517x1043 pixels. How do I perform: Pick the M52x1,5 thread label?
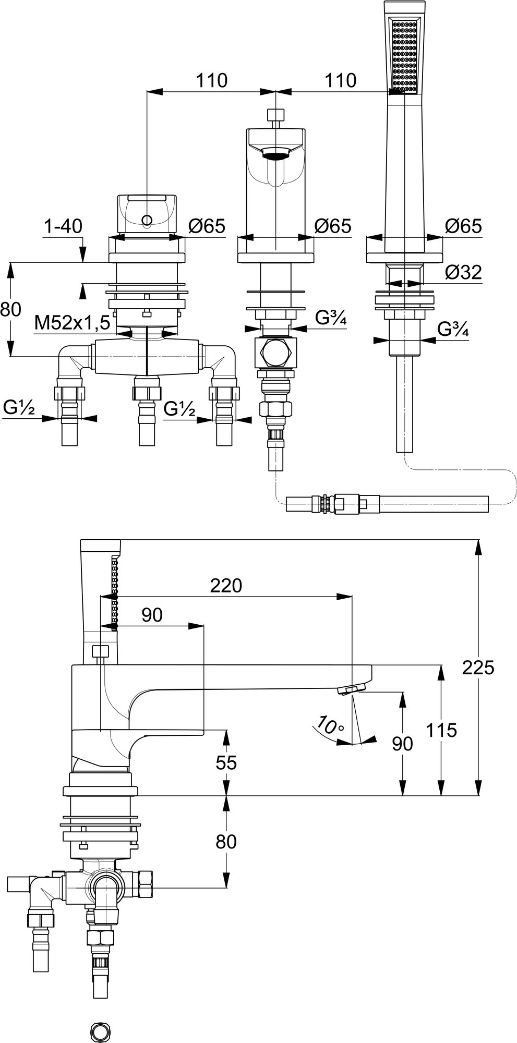click(72, 323)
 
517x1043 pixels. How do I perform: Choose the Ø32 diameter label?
click(463, 272)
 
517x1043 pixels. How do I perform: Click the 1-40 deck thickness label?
click(63, 226)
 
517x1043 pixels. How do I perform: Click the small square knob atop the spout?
click(275, 114)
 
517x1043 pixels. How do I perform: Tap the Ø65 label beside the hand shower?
click(463, 226)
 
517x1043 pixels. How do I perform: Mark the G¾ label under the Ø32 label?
click(452, 330)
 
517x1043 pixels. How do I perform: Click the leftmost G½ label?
click(18, 408)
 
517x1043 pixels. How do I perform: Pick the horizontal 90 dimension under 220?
click(152, 615)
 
